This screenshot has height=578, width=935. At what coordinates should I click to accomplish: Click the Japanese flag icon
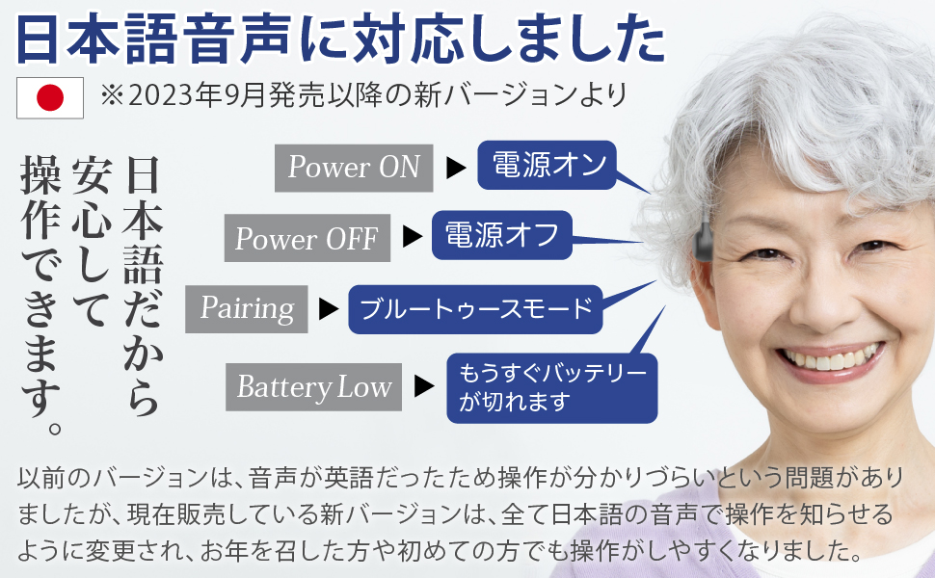point(50,96)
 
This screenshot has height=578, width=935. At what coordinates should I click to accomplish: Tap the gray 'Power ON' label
point(354,168)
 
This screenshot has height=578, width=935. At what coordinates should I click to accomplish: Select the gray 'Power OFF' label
point(307,238)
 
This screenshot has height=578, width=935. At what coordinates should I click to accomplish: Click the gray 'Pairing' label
point(247,308)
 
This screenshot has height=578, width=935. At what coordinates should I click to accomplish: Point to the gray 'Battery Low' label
point(314,387)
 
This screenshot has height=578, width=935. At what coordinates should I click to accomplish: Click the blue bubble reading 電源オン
point(547,165)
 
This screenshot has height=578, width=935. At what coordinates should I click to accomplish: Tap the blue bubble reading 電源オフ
point(502,235)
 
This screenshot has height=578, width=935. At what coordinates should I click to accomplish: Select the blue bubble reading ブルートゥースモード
point(475,309)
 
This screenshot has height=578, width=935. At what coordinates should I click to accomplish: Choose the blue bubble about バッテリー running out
point(551,387)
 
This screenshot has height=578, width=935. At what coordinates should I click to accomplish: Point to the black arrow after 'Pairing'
point(329,309)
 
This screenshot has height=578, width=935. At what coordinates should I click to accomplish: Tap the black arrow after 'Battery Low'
point(424,387)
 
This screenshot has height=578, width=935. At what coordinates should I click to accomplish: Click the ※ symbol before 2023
point(111,95)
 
